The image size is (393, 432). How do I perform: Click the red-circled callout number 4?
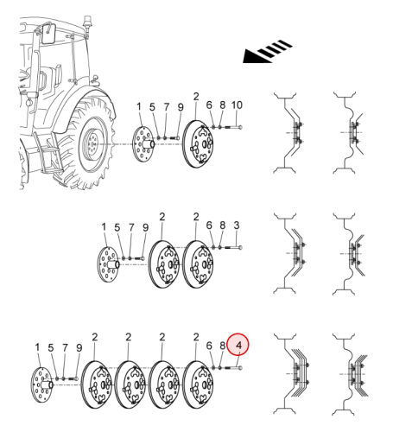point(238,345)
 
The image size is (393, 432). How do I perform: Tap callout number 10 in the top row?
point(237,105)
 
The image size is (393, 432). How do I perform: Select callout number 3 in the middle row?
point(237,226)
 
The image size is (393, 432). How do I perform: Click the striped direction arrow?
point(268,51)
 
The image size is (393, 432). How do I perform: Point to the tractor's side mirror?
point(49,35)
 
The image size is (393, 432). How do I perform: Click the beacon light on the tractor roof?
point(86,22)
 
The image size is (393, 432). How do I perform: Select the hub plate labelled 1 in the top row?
point(143,143)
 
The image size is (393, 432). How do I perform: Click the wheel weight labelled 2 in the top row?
point(198,143)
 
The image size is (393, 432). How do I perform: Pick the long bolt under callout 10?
point(232,127)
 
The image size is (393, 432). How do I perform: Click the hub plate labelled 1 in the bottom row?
point(41,384)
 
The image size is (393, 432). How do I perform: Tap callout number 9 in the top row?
point(181,107)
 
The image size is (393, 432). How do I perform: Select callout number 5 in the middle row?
point(117,227)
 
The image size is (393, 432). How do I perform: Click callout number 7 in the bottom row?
point(65,348)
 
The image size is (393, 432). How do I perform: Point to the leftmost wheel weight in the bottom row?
point(97,384)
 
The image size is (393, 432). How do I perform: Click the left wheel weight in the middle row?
point(164,264)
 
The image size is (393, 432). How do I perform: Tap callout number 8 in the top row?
point(222,105)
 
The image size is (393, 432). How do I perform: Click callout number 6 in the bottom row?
point(209,346)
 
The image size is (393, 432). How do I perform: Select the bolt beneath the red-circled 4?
point(232,368)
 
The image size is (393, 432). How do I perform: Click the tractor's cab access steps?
point(49,153)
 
